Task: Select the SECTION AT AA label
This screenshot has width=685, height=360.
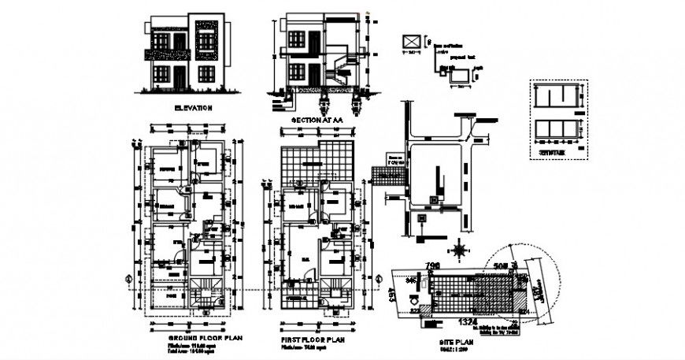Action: [x=317, y=120]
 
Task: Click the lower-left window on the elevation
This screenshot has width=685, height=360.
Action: [x=165, y=75]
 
